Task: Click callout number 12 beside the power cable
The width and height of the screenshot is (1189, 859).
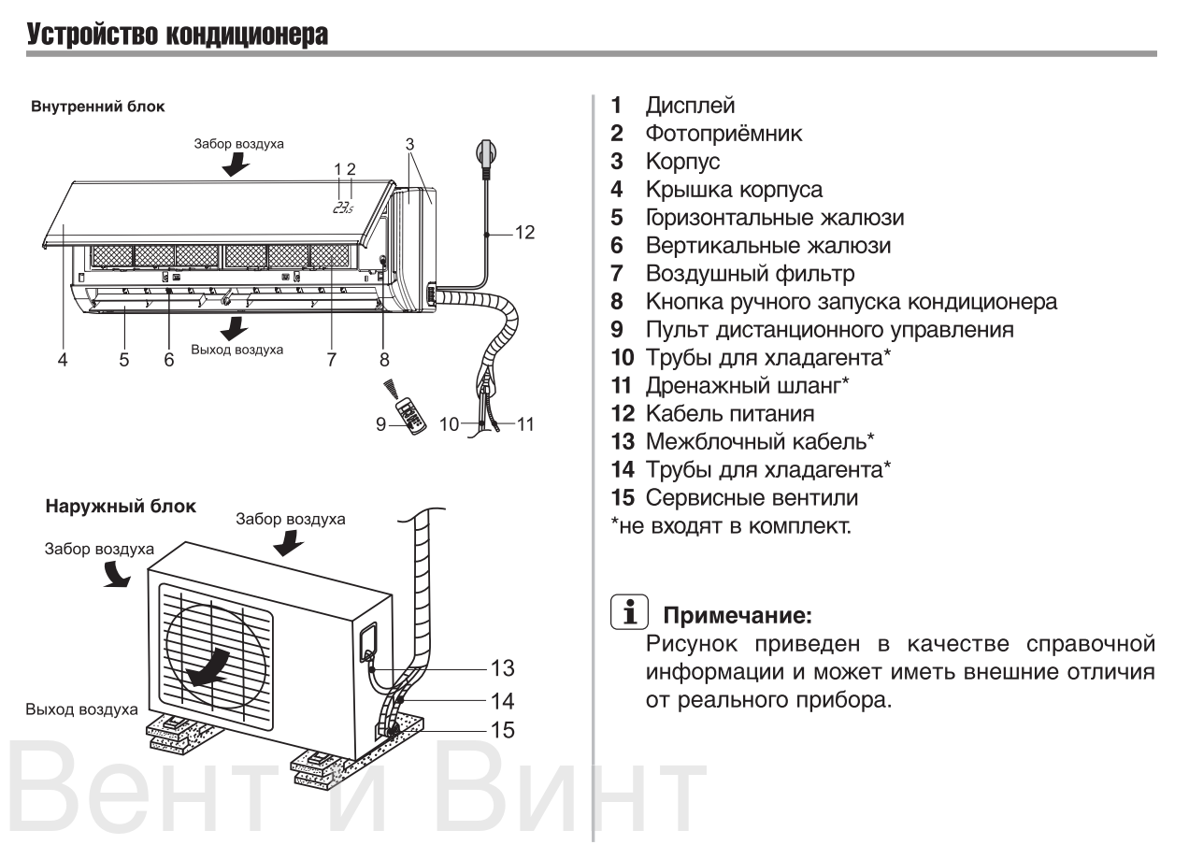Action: coord(524,232)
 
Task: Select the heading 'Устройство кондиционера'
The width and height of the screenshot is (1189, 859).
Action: coord(178,36)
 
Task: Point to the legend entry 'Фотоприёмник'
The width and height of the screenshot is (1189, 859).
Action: coord(723,134)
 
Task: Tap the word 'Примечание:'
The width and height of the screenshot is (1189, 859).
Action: coord(737,617)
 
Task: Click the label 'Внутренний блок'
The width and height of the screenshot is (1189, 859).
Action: coord(98,107)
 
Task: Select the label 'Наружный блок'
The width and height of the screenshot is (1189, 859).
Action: coord(121,507)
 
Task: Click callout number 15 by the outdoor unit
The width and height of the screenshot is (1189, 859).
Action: coord(503,730)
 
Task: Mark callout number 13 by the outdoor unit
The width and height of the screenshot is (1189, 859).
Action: coord(503,668)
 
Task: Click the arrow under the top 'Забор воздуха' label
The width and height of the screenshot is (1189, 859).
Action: coord(237,165)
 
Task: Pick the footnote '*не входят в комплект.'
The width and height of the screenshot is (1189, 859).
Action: coord(730,526)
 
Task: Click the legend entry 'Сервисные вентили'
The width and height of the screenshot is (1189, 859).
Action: coord(751,498)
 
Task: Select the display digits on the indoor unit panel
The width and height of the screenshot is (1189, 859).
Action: coord(343,208)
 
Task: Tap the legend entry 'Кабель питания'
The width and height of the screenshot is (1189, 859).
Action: coord(728,414)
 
